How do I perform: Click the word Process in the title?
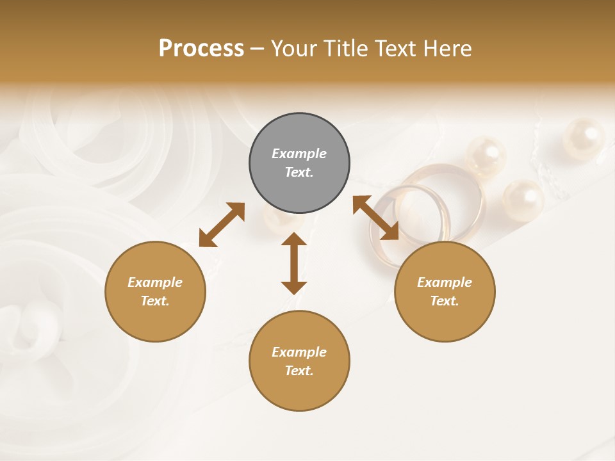click(x=201, y=49)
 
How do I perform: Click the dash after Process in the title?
click(x=257, y=49)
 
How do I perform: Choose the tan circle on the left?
click(x=155, y=291)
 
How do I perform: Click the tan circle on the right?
click(x=445, y=291)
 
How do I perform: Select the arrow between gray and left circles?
click(x=222, y=225)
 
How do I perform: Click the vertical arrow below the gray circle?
click(x=294, y=263)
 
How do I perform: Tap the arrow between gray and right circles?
click(x=376, y=218)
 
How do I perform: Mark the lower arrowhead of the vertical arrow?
click(x=294, y=286)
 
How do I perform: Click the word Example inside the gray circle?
click(x=299, y=154)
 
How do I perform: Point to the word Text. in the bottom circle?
click(x=299, y=371)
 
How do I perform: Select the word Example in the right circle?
click(x=445, y=282)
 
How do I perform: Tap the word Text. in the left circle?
click(x=155, y=301)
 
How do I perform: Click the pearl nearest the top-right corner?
click(x=583, y=138)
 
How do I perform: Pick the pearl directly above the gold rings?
click(x=486, y=156)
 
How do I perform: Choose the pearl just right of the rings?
click(x=523, y=200)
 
